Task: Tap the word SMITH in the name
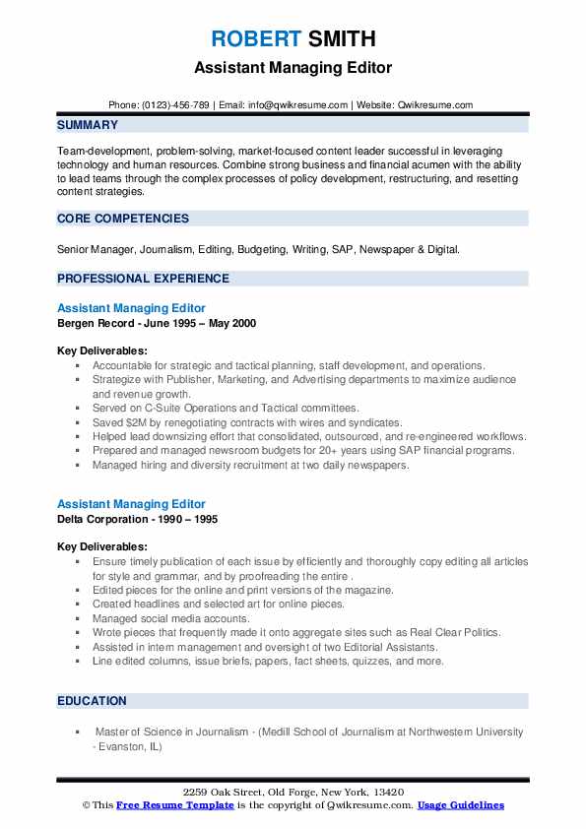(341, 38)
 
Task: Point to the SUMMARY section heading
(88, 125)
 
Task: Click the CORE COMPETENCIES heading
(123, 219)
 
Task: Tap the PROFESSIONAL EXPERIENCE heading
(143, 279)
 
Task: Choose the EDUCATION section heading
(92, 701)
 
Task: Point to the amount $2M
(140, 421)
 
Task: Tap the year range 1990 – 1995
(192, 518)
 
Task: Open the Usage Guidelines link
(460, 805)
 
